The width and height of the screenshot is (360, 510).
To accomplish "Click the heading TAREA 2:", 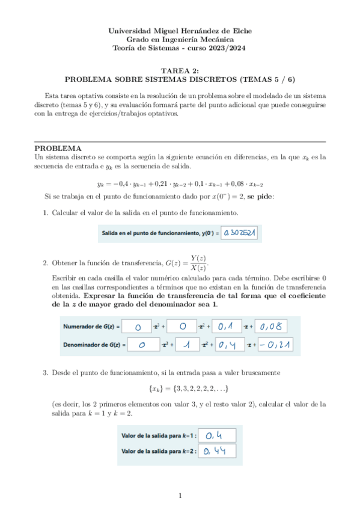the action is (180, 70).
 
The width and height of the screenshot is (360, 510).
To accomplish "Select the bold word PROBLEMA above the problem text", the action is (58, 148).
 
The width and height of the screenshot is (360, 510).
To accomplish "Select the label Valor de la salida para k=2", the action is (159, 450).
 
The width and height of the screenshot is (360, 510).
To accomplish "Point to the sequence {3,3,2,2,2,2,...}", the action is (180, 389).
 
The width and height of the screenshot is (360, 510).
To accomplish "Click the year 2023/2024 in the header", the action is (227, 48).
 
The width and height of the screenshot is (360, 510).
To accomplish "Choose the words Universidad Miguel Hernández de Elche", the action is (180, 31).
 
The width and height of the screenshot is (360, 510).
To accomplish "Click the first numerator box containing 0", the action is (138, 326).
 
